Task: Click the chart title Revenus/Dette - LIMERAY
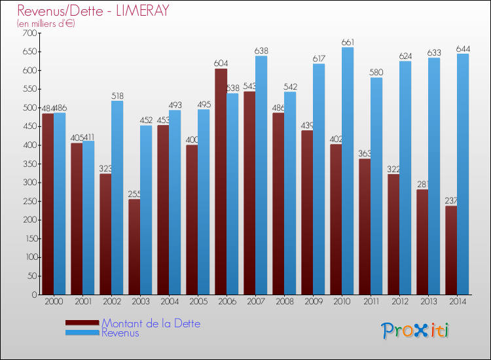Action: pyautogui.click(x=94, y=10)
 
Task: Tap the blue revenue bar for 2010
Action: pyautogui.click(x=348, y=171)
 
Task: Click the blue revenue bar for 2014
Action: pyautogui.click(x=463, y=174)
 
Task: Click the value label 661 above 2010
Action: pyautogui.click(x=348, y=43)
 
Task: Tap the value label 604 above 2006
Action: pyautogui.click(x=221, y=63)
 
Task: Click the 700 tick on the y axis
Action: pyautogui.click(x=29, y=33)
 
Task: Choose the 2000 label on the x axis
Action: pyautogui.click(x=54, y=302)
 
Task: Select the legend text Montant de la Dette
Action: pyautogui.click(x=151, y=323)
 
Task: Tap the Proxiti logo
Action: pyautogui.click(x=416, y=331)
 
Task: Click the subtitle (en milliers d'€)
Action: pyautogui.click(x=46, y=24)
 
